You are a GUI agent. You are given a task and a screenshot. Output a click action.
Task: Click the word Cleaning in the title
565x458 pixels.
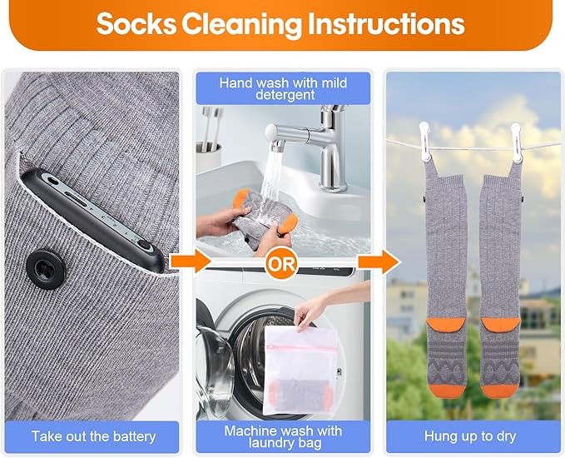(x=241, y=24)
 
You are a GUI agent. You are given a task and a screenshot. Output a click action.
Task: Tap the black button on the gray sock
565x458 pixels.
(x=46, y=270)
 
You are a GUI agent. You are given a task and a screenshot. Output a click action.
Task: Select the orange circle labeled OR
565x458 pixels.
(x=281, y=264)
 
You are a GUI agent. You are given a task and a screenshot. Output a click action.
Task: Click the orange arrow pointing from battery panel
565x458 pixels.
(x=191, y=261)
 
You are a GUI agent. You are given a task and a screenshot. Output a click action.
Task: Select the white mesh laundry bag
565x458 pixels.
(x=300, y=371)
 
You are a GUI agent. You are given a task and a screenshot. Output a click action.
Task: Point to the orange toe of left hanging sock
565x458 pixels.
(x=447, y=390)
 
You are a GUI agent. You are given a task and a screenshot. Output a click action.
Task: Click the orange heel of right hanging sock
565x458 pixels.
(x=501, y=326)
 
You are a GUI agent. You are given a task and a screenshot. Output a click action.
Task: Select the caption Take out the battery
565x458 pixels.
(x=94, y=436)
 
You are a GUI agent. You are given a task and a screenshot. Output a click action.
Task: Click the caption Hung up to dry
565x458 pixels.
(x=470, y=436)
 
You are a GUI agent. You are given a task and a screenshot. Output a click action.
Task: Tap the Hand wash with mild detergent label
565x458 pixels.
(x=283, y=88)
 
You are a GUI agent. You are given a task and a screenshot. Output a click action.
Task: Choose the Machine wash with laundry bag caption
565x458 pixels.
(x=283, y=436)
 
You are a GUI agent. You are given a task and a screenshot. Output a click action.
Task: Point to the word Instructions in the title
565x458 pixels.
(x=386, y=24)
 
